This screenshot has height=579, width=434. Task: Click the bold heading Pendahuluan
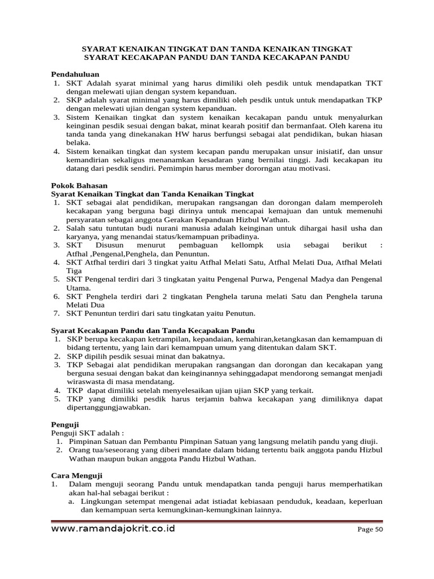click(x=75, y=74)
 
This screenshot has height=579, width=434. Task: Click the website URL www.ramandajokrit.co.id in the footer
click(x=113, y=529)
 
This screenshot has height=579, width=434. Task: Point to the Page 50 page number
click(x=370, y=530)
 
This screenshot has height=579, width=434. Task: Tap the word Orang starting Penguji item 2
click(x=80, y=450)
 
